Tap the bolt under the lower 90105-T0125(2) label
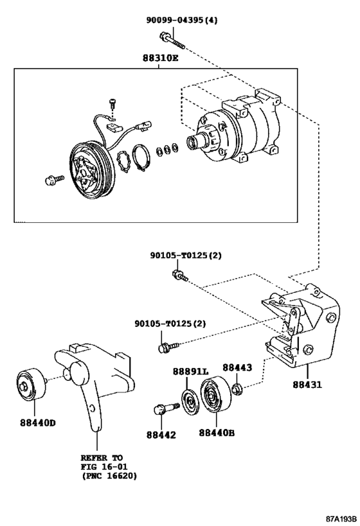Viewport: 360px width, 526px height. [164, 347]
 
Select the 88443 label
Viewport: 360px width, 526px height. [237, 367]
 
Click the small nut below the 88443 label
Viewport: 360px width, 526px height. [237, 389]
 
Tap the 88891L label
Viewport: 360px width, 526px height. [190, 372]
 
